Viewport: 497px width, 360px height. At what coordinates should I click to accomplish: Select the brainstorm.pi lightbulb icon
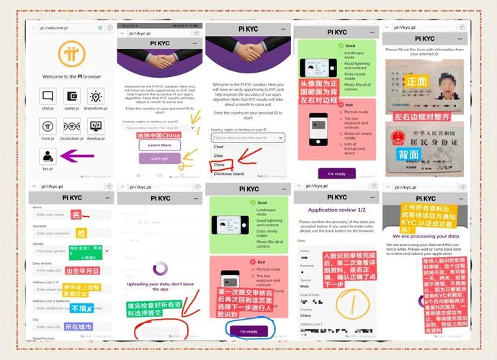tap(95, 97)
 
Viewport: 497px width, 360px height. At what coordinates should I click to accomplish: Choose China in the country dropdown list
tap(220, 164)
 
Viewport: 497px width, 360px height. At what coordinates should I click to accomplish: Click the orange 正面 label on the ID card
tap(417, 81)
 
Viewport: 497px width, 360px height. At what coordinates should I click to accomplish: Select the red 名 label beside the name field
tap(76, 214)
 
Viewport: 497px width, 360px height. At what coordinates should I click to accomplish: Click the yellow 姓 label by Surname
tap(81, 233)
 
